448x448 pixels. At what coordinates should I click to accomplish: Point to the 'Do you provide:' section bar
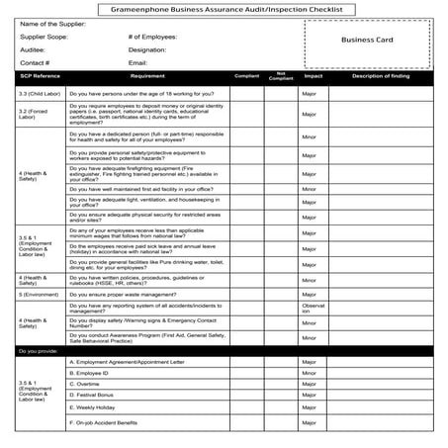pyautogui.click(x=41, y=350)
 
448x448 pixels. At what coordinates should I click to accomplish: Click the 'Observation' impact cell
pyautogui.click(x=313, y=309)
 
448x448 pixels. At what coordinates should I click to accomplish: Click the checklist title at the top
pyautogui.click(x=224, y=8)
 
